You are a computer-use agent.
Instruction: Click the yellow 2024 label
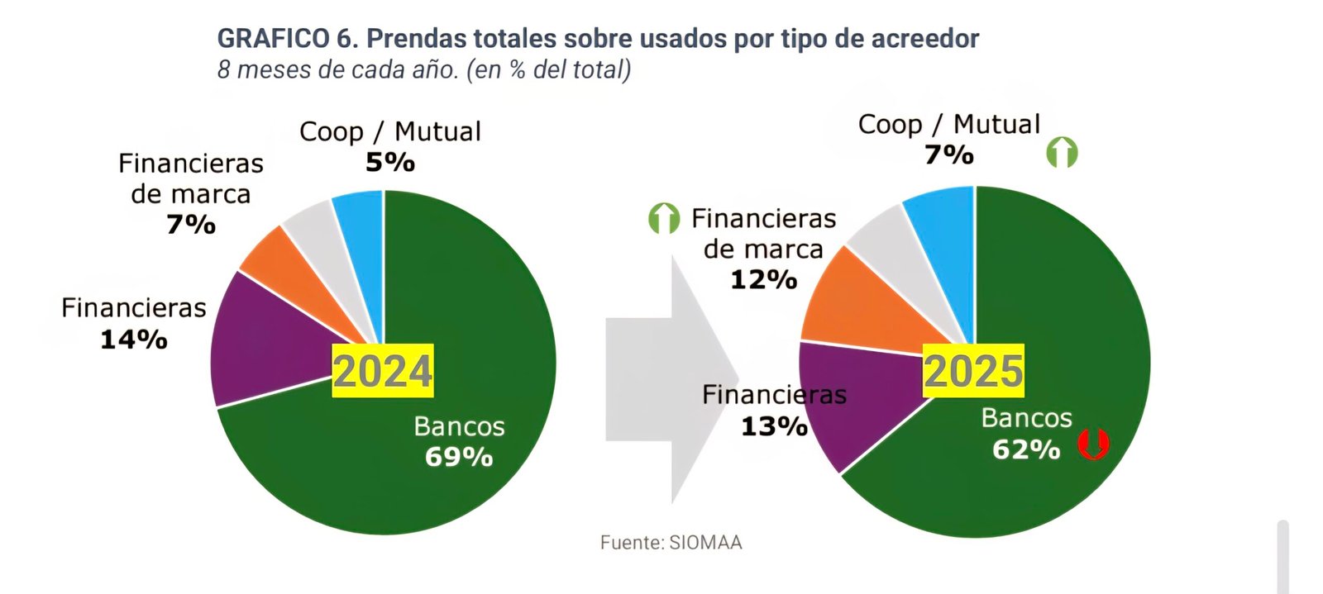(382, 370)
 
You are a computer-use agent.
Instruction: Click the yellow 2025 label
(973, 371)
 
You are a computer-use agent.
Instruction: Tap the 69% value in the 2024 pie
(459, 457)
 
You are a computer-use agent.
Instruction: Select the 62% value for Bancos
(1026, 449)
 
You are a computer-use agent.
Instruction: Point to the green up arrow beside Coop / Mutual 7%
(1062, 153)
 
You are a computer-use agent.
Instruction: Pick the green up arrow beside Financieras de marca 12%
(663, 218)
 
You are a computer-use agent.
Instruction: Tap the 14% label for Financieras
(133, 340)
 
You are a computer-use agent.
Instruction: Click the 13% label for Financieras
(774, 426)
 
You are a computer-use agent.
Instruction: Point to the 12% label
(763, 280)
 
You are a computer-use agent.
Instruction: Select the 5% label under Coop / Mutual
(389, 162)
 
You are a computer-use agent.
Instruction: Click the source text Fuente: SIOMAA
(671, 543)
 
